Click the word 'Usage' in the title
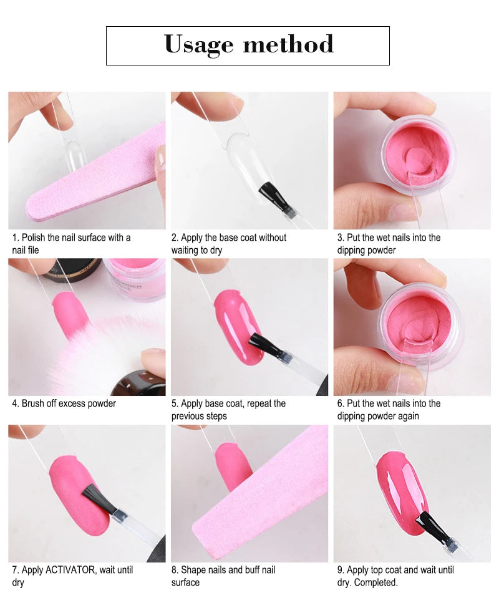(x=198, y=44)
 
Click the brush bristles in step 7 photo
(x=100, y=499)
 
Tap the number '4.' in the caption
(x=16, y=403)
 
